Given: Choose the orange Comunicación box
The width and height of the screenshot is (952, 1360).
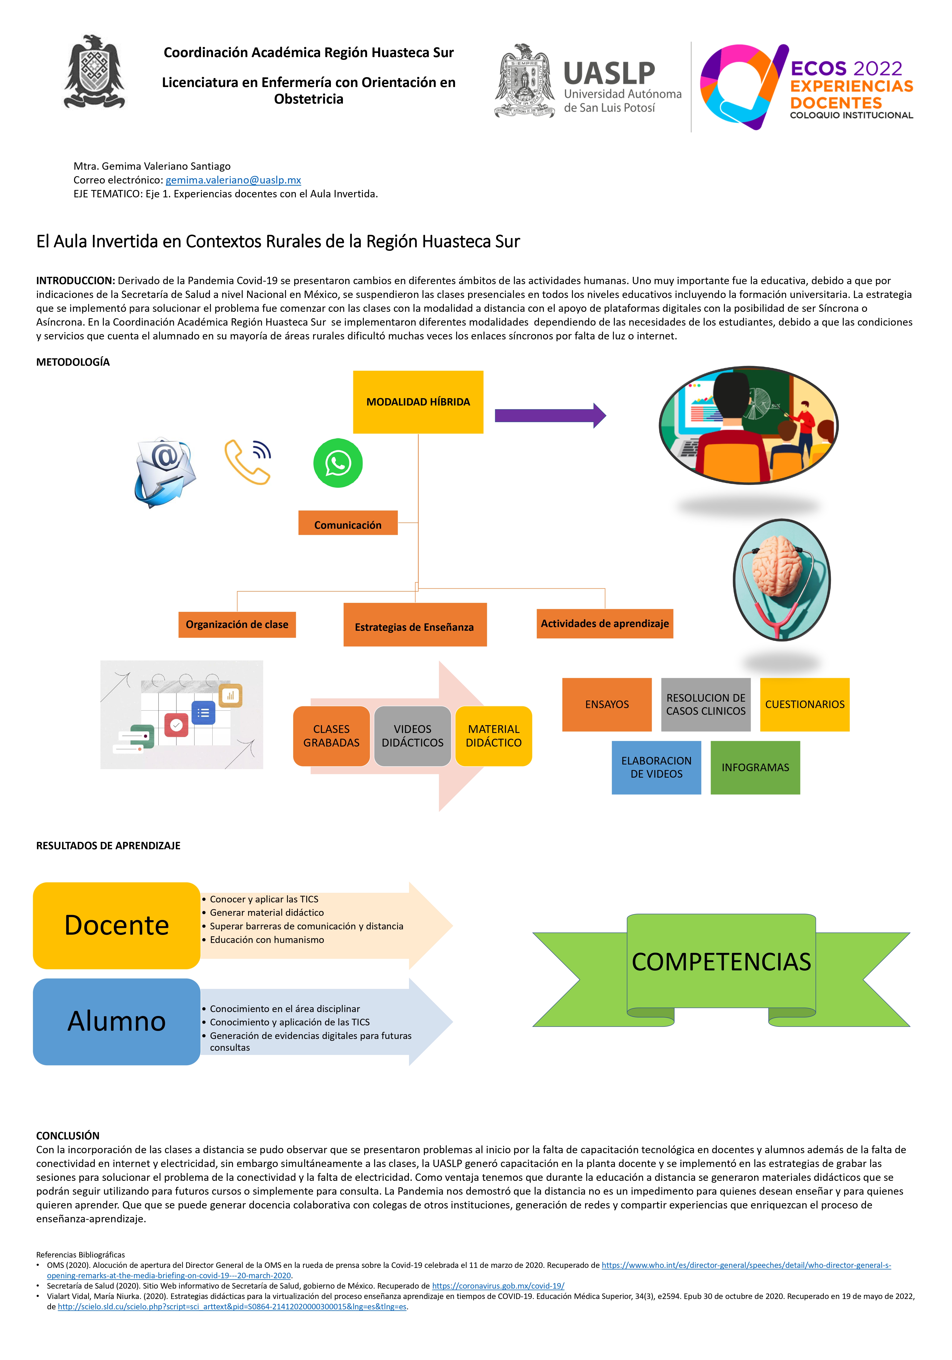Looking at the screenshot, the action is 348,523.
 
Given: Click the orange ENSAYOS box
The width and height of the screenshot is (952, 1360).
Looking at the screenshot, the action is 607,704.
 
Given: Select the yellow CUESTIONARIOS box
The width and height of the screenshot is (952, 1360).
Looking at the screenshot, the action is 804,704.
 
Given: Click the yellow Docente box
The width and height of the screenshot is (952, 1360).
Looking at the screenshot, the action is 117,925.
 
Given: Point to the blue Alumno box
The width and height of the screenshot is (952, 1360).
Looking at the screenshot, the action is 117,1021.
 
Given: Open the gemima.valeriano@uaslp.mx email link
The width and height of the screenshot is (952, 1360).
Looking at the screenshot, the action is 234,180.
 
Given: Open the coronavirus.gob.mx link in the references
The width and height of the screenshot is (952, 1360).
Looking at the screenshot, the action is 498,1286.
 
